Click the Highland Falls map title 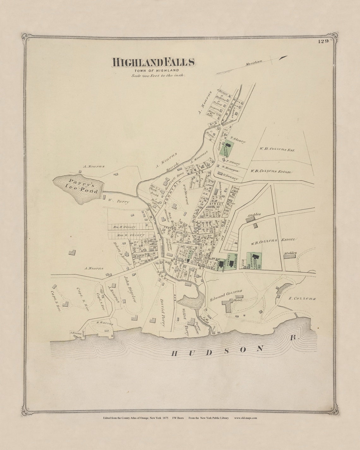tap(153, 62)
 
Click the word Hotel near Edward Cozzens tap(237, 300)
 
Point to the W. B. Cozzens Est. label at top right tap(277, 149)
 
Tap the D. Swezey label tap(230, 175)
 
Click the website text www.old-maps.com tap(245, 418)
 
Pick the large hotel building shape tap(227, 306)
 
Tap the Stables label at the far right tap(290, 253)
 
